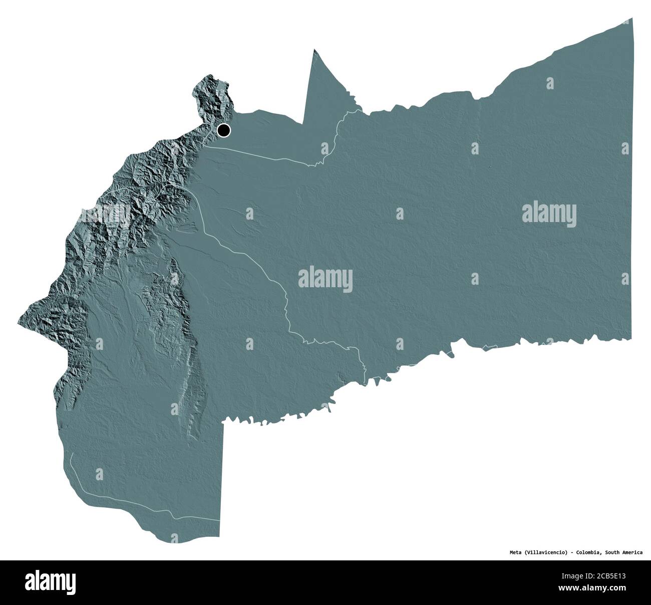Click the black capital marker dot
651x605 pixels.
coord(223,131)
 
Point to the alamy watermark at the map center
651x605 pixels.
coord(325,278)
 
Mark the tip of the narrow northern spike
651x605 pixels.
coord(314,50)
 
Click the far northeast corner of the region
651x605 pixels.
coord(632,19)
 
